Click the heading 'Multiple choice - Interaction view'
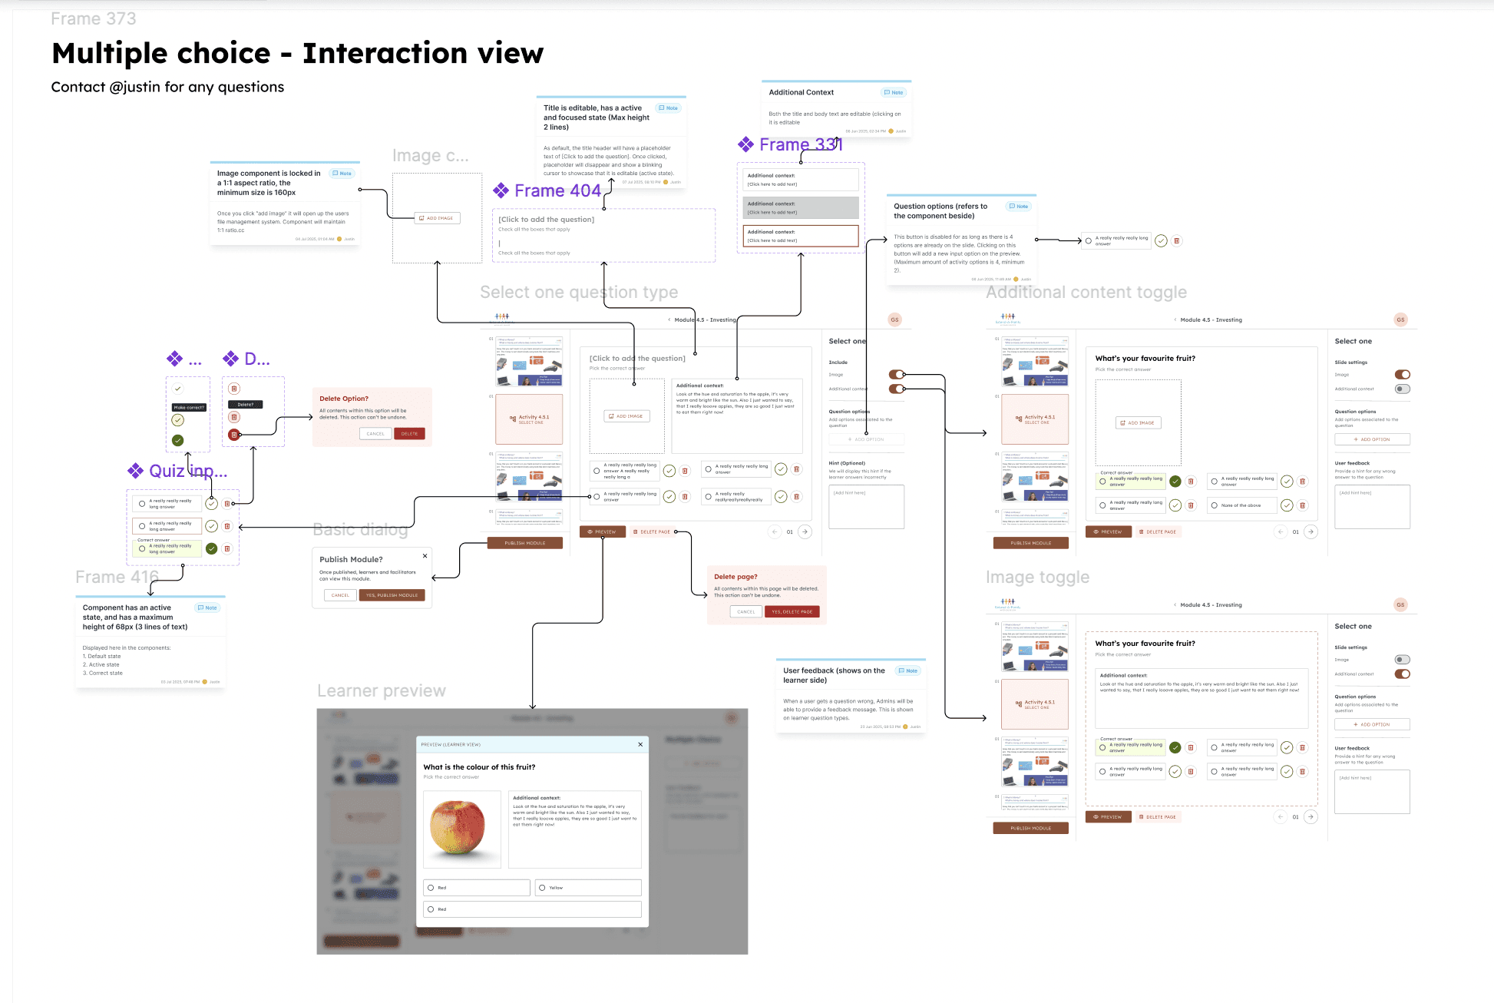point(297,54)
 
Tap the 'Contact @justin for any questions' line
point(167,87)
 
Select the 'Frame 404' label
point(557,190)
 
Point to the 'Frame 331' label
point(800,144)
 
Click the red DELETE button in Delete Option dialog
point(409,434)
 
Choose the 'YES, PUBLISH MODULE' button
point(392,595)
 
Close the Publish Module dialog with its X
point(425,556)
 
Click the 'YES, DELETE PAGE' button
point(792,612)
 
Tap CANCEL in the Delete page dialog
point(745,612)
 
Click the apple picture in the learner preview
point(458,828)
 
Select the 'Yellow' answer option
point(588,888)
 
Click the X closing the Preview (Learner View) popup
point(640,744)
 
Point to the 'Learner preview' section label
point(382,690)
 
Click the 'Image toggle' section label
point(1037,577)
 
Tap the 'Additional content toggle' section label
point(1086,292)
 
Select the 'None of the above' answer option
point(1241,505)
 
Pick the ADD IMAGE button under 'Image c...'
point(438,218)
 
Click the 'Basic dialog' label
point(360,529)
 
